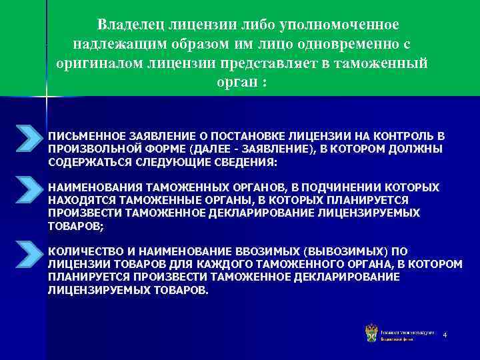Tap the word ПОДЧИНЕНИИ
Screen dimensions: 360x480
pos(331,187)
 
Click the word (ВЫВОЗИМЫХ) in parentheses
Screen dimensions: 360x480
pos(345,252)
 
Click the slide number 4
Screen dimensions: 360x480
pos(444,333)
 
